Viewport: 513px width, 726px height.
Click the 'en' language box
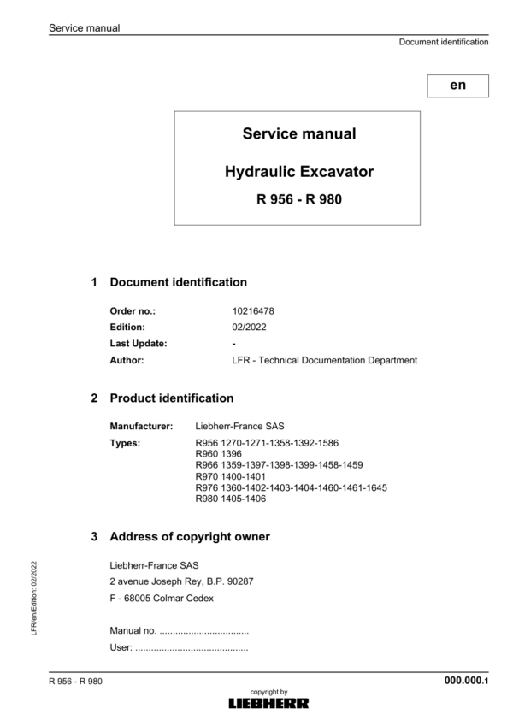coord(458,86)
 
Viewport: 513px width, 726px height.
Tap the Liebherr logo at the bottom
coord(268,703)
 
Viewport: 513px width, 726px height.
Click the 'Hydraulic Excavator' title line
coord(298,172)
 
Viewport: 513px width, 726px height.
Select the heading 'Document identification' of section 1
coord(179,282)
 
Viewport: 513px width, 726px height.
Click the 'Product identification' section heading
coord(172,398)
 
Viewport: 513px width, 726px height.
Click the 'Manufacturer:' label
coord(141,425)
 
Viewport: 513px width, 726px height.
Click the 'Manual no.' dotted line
coord(180,631)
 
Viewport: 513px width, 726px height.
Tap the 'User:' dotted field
coord(180,648)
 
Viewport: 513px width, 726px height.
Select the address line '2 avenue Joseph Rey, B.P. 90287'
coord(181,581)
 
